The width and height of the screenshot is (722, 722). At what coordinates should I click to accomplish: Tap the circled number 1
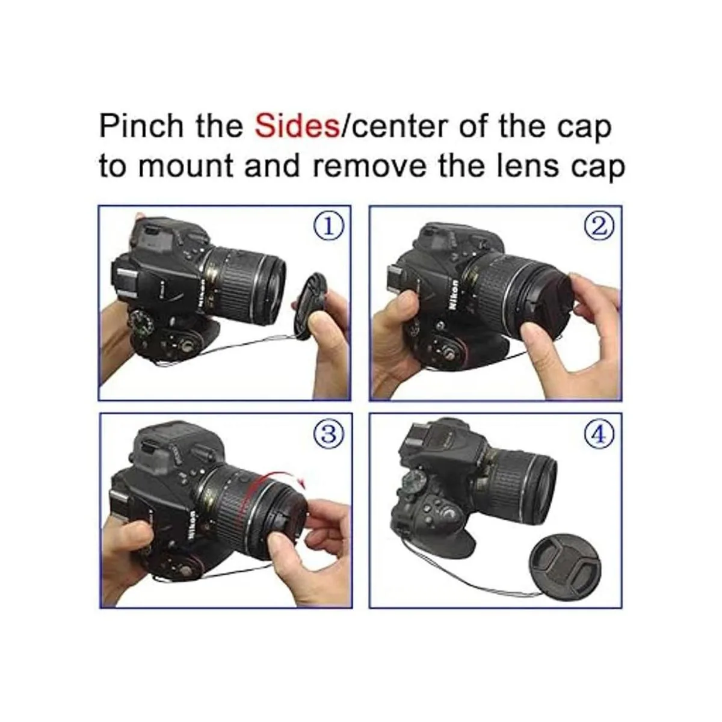click(329, 228)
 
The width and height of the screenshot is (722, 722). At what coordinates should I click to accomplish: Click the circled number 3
click(329, 434)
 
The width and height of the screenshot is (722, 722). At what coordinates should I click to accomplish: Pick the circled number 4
click(599, 434)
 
